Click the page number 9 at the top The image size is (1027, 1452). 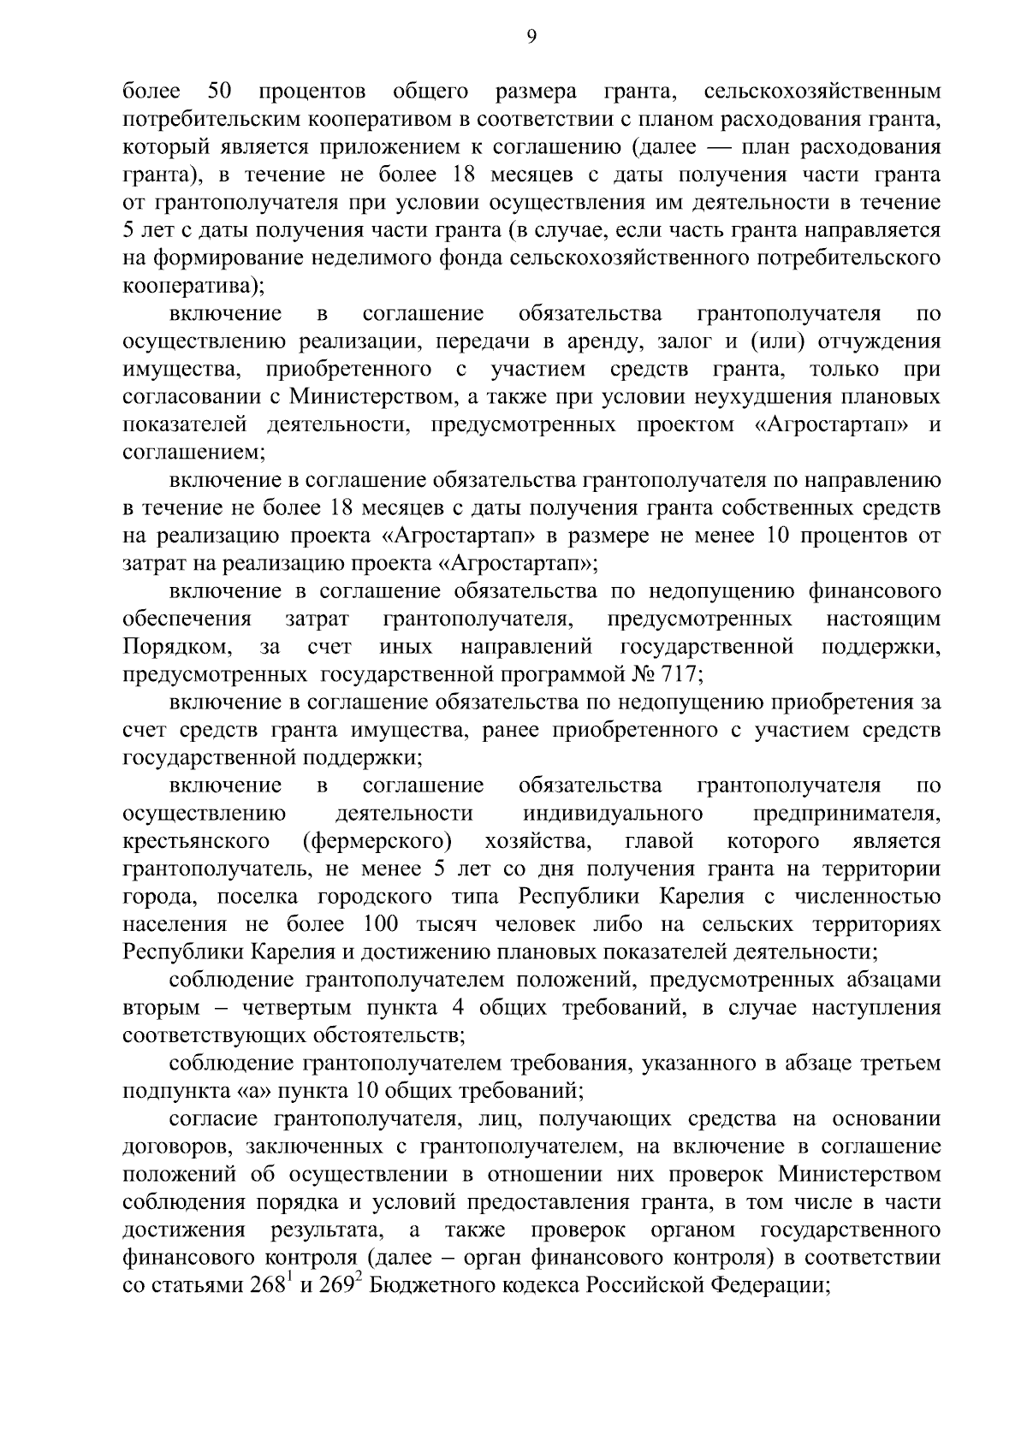click(531, 35)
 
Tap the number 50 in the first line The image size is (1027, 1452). click(221, 91)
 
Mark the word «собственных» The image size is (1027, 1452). click(787, 508)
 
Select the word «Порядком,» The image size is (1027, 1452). click(177, 647)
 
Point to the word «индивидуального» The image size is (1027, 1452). click(613, 813)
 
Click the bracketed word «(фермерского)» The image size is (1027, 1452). click(377, 841)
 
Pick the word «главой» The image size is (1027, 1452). click(659, 841)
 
